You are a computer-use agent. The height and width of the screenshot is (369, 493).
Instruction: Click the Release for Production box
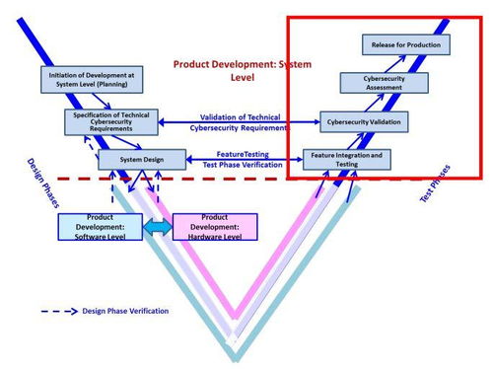pyautogui.click(x=406, y=44)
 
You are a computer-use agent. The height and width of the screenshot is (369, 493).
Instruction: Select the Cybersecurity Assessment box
pyautogui.click(x=384, y=83)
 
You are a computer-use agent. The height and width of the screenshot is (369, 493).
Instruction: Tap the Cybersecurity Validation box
pyautogui.click(x=364, y=122)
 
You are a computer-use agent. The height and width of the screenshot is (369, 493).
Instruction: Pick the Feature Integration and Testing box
pyautogui.click(x=347, y=160)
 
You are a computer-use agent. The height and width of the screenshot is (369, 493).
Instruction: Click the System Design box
pyautogui.click(x=142, y=160)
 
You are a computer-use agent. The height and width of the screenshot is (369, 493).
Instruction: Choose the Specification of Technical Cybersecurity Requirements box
pyautogui.click(x=111, y=122)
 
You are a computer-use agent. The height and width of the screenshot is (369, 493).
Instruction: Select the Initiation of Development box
pyautogui.click(x=92, y=80)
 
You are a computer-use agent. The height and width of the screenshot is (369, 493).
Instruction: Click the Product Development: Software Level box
pyautogui.click(x=101, y=227)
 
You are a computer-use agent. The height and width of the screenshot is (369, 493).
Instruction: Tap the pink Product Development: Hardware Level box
pyautogui.click(x=215, y=227)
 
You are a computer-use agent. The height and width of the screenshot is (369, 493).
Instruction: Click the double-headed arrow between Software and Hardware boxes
pyautogui.click(x=158, y=227)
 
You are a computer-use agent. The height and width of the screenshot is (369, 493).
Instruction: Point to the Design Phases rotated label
pyautogui.click(x=43, y=184)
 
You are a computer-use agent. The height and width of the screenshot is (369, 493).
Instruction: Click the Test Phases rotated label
pyautogui.click(x=435, y=184)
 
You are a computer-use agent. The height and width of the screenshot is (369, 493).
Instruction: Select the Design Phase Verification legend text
pyautogui.click(x=125, y=311)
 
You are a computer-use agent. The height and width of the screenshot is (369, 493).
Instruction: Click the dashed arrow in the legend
pyautogui.click(x=59, y=312)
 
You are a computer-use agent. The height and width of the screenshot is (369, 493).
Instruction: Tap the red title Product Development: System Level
pyautogui.click(x=243, y=71)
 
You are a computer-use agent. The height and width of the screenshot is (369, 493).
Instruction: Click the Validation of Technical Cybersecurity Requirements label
pyautogui.click(x=240, y=122)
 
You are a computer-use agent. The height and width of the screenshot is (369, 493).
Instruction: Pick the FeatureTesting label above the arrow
pyautogui.click(x=243, y=154)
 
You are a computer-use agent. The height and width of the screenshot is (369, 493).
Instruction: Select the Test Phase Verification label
pyautogui.click(x=243, y=165)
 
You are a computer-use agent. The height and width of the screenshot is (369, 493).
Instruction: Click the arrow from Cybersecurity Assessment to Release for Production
pyautogui.click(x=395, y=64)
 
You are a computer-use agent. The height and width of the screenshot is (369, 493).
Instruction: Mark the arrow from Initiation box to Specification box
pyautogui.click(x=102, y=101)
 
